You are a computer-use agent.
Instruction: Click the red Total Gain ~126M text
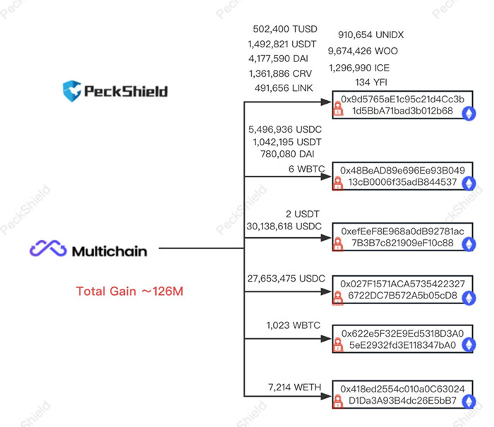[x=130, y=291]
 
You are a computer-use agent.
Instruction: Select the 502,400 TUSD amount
[x=285, y=30]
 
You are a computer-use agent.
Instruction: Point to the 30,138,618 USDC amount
[x=283, y=226]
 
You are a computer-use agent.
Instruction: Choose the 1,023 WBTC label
[x=294, y=325]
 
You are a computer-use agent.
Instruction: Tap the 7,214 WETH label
[x=294, y=387]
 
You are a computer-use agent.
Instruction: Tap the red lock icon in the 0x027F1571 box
[x=338, y=296]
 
